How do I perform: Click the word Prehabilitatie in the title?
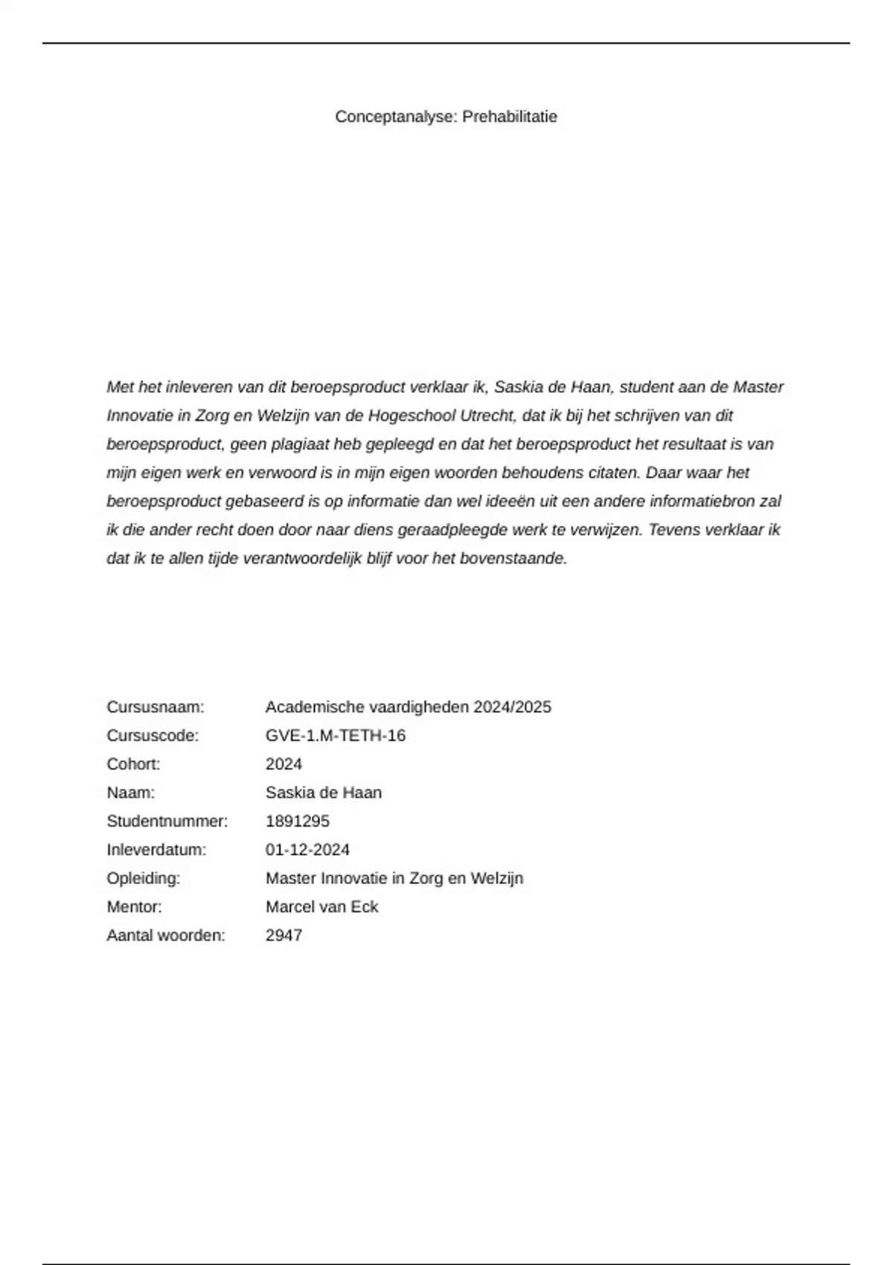click(x=510, y=117)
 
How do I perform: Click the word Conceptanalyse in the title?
click(x=396, y=117)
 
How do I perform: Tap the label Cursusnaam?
click(x=156, y=707)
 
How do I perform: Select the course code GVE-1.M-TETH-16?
click(x=336, y=736)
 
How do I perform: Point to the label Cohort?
click(x=133, y=764)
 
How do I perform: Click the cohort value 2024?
click(x=284, y=764)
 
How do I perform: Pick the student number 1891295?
click(x=298, y=822)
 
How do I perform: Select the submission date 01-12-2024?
click(x=307, y=850)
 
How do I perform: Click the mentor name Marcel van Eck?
click(x=321, y=907)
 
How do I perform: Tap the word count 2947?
click(x=284, y=935)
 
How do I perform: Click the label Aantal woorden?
click(x=166, y=935)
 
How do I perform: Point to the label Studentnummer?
click(x=167, y=822)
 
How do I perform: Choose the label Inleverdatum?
click(x=156, y=850)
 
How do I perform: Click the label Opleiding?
click(x=144, y=879)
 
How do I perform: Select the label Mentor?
click(x=134, y=907)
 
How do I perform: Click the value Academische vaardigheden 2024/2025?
click(x=409, y=707)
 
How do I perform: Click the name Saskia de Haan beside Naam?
click(x=324, y=793)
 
